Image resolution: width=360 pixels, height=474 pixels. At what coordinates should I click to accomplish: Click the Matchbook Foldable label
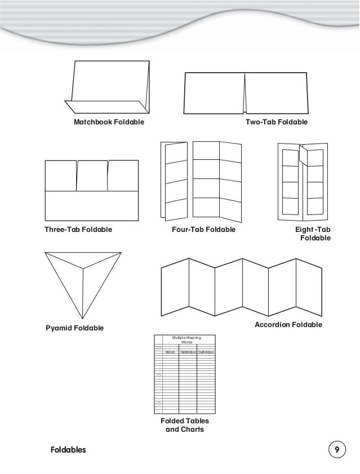[106, 122]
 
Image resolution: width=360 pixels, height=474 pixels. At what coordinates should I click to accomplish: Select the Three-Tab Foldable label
[78, 230]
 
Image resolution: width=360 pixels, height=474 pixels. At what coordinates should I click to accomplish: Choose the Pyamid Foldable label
[74, 328]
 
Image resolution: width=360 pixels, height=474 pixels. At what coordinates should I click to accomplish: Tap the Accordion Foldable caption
[288, 325]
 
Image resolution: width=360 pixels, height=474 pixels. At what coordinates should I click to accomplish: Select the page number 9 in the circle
[336, 450]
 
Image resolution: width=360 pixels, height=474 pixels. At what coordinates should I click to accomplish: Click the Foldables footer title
[68, 450]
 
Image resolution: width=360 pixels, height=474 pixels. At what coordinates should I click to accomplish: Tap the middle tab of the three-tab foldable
[92, 176]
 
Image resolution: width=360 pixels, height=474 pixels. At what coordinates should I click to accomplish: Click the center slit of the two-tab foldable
[246, 93]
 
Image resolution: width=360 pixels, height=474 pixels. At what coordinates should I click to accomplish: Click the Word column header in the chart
[170, 352]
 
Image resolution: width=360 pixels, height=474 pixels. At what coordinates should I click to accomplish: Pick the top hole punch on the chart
[159, 348]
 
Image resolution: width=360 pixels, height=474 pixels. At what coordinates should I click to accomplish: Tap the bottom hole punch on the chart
[159, 404]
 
